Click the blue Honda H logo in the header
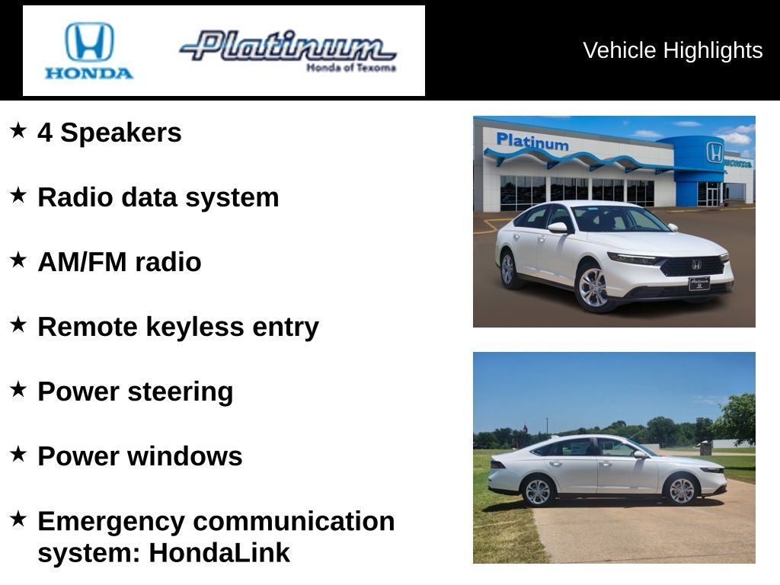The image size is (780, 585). [90, 42]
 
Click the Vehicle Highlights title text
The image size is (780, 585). [673, 50]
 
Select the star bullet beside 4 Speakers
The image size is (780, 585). [18, 130]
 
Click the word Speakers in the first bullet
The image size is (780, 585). [121, 133]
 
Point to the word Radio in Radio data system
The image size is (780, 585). [75, 197]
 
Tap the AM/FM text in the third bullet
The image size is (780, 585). [82, 262]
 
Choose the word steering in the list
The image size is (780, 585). [180, 392]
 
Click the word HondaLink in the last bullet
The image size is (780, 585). [219, 553]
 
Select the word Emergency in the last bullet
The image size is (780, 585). [111, 522]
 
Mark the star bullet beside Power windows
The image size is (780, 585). [18, 454]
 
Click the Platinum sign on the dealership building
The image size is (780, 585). [532, 142]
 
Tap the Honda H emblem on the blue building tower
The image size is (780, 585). [714, 152]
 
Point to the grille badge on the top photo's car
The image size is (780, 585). [696, 265]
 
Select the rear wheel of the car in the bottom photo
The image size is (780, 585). [538, 491]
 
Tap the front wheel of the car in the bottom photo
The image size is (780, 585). [682, 490]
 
